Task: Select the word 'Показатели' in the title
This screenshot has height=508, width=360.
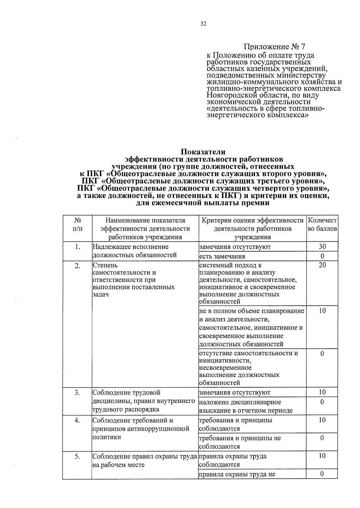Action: pyautogui.click(x=203, y=152)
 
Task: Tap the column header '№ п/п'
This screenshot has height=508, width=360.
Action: pyautogui.click(x=77, y=224)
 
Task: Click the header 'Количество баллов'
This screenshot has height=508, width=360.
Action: pyautogui.click(x=322, y=224)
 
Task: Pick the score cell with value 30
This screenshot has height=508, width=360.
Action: pyautogui.click(x=322, y=247)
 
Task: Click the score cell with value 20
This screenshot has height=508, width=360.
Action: pyautogui.click(x=322, y=265)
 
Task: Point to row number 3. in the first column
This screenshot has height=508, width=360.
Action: pyautogui.click(x=77, y=392)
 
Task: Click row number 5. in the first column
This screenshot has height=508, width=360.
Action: pyautogui.click(x=77, y=456)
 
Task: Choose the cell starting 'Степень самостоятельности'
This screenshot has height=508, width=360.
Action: pyautogui.click(x=133, y=280)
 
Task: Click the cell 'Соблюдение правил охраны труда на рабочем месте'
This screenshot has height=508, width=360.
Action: pyautogui.click(x=145, y=461)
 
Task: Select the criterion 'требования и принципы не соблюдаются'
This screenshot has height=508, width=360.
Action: pyautogui.click(x=240, y=442)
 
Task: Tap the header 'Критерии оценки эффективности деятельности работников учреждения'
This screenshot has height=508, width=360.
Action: pyautogui.click(x=253, y=228)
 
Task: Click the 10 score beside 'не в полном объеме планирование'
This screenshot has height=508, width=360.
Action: pyautogui.click(x=322, y=311)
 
